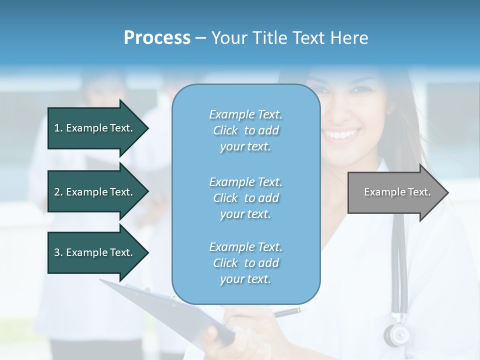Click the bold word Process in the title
[157, 38]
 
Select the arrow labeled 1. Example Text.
[95, 128]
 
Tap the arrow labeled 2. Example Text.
[95, 192]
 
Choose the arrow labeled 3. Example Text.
[95, 252]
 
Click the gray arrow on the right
[395, 192]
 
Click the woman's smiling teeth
[341, 134]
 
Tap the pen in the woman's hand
[290, 312]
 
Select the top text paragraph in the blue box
[245, 130]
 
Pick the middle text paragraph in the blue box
[245, 198]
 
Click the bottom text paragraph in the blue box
[245, 263]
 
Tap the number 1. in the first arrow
[58, 128]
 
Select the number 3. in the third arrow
[58, 252]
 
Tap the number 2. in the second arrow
[58, 192]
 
